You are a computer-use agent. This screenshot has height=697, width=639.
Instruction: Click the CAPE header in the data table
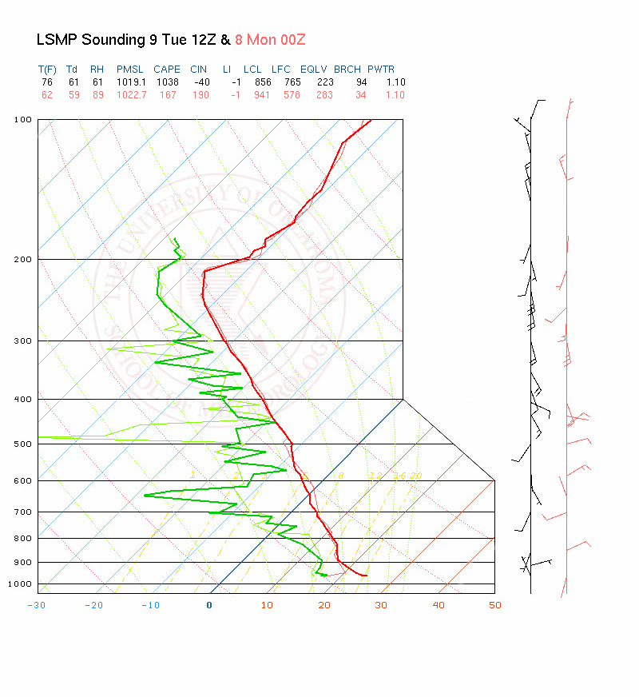click(x=167, y=70)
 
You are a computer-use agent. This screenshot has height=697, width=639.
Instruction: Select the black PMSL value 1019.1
click(x=130, y=82)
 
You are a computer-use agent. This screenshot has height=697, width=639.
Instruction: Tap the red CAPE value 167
click(x=167, y=95)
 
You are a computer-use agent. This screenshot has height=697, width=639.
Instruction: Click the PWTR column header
click(x=381, y=70)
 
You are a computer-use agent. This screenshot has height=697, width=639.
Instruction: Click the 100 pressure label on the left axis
click(x=23, y=120)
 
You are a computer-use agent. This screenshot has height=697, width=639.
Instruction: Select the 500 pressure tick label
click(x=23, y=444)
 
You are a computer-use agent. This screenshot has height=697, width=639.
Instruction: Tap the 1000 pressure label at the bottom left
click(x=21, y=584)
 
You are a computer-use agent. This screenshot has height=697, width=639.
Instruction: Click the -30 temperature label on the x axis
click(x=36, y=605)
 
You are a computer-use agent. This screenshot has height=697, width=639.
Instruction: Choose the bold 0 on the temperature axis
click(x=209, y=605)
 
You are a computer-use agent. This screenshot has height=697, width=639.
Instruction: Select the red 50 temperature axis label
click(x=495, y=605)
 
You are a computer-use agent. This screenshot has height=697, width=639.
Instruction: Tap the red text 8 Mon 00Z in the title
click(x=270, y=39)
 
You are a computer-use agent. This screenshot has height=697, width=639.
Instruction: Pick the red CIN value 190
click(x=200, y=95)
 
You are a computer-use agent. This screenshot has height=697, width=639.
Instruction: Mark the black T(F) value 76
click(x=46, y=82)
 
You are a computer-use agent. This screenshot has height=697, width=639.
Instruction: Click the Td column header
click(x=72, y=70)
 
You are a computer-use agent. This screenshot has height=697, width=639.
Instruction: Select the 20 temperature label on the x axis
click(x=324, y=605)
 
